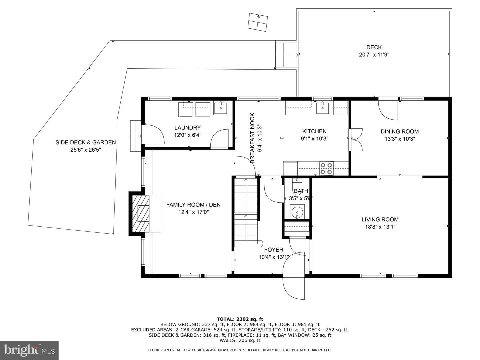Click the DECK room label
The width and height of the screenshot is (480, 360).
coord(374,47)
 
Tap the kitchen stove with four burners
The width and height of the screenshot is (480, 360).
coord(326,169)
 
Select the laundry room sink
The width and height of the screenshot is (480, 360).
coord(221,108)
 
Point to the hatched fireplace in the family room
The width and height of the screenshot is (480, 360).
coord(141,214)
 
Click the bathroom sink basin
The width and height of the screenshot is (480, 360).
coord(297,212)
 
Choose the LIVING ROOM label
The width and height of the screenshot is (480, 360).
coord(380,219)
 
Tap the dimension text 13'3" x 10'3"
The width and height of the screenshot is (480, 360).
coord(400,139)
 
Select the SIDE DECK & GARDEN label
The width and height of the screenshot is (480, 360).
coord(86,143)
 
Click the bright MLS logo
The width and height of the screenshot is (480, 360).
coord(29,350)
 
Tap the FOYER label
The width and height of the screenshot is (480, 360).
coord(274,250)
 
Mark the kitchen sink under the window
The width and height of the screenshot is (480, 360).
coord(322,108)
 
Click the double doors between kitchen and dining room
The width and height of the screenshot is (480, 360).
coord(356,140)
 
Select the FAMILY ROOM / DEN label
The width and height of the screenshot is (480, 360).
coord(193,205)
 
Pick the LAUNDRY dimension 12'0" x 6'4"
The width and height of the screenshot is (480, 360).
coord(187,135)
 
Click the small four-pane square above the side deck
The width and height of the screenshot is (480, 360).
coord(258,22)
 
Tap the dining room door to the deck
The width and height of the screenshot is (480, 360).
coord(388,109)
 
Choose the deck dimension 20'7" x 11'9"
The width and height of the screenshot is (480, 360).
coord(374,54)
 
